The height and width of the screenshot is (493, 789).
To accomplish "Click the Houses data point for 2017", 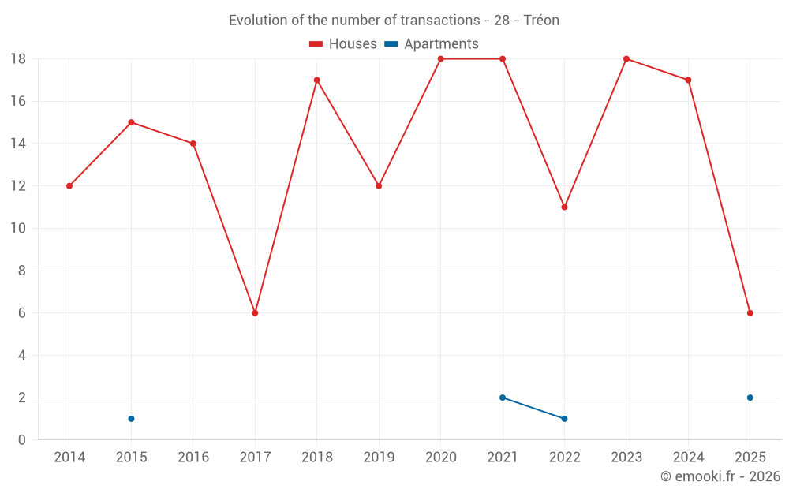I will [x=255, y=313].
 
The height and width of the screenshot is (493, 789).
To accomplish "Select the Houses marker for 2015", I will [x=131, y=122].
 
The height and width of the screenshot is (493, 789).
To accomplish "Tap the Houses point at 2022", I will [x=564, y=207].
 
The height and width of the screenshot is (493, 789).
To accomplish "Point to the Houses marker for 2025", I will [x=750, y=313].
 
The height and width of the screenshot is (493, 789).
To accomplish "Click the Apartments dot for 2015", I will [x=131, y=419].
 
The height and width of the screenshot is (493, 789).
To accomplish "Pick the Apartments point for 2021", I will [x=503, y=398].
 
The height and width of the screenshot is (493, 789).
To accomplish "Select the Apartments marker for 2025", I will [x=750, y=398].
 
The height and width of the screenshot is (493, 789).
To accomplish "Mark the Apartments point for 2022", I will [x=564, y=419].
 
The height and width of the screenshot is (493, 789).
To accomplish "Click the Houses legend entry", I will [x=343, y=44].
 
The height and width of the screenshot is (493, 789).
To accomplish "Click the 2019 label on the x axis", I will [x=379, y=457].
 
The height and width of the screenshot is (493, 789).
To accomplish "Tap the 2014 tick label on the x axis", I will [x=69, y=457].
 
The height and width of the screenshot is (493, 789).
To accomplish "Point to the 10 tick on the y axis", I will [x=18, y=229].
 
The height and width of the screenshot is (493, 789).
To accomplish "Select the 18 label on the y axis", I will [x=18, y=58].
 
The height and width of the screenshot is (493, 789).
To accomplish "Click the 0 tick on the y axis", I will [x=22, y=440].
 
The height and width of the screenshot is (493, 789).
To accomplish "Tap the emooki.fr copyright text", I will [x=720, y=476].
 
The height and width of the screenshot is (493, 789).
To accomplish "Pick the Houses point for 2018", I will [x=317, y=80].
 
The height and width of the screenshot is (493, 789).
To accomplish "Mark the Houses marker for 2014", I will [x=69, y=186].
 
